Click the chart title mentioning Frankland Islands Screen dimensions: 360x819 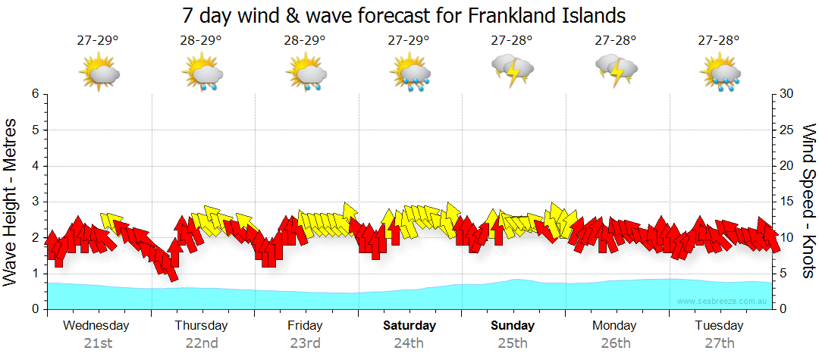(404, 15)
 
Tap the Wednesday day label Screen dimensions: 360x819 (96, 326)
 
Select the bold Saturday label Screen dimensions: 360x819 (409, 326)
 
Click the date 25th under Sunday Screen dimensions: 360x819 (513, 343)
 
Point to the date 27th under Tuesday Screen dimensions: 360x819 (720, 343)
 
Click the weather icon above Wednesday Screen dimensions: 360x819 (99, 72)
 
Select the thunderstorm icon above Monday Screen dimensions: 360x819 (616, 70)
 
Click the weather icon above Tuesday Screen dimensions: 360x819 (720, 72)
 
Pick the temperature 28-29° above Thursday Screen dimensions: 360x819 (201, 41)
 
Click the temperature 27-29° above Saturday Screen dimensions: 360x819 (409, 41)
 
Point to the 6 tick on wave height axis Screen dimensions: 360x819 (35, 94)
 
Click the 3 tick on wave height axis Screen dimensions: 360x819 (35, 202)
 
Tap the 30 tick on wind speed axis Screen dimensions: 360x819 (788, 94)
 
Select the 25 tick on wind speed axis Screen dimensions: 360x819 (788, 130)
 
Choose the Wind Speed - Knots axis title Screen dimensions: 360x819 (808, 202)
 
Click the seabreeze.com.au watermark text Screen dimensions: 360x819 (722, 302)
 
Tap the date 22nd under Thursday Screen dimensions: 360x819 (201, 343)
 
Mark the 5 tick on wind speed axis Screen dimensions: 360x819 (786, 274)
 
